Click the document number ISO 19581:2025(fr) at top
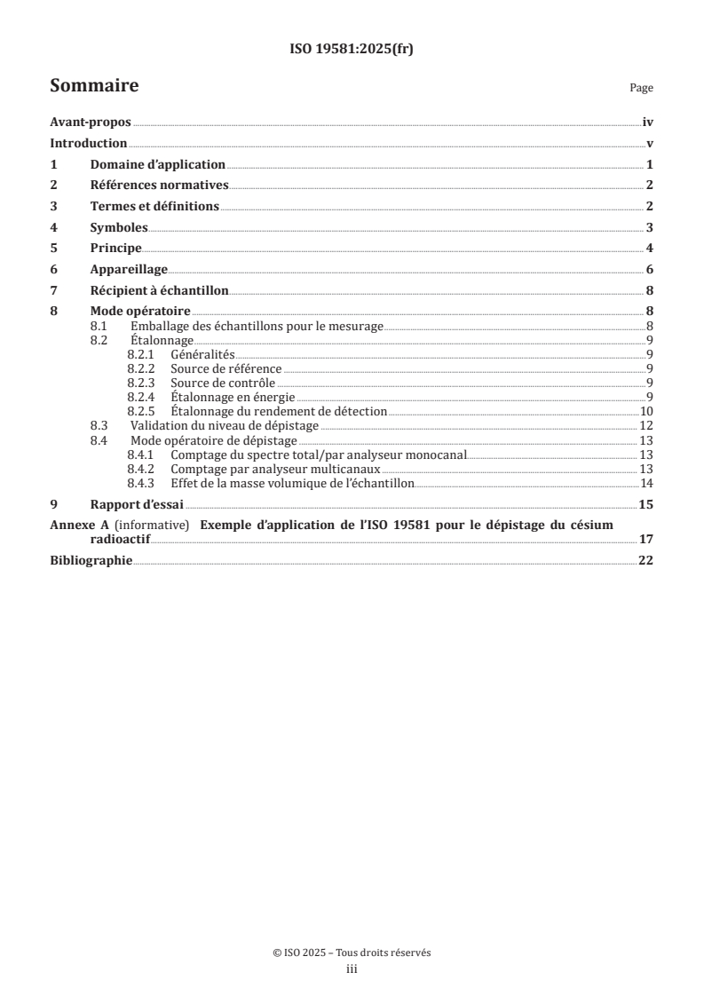click(x=352, y=50)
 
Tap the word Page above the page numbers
click(x=641, y=89)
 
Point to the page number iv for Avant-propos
click(x=648, y=123)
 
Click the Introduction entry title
click(x=89, y=144)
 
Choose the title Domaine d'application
click(x=158, y=164)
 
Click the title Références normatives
click(x=160, y=186)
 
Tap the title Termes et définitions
click(x=154, y=206)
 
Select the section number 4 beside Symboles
click(x=53, y=227)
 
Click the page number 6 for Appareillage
click(x=650, y=269)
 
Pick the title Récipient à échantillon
click(x=160, y=289)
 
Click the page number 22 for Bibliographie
click(x=645, y=560)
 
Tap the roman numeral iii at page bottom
click(x=352, y=969)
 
